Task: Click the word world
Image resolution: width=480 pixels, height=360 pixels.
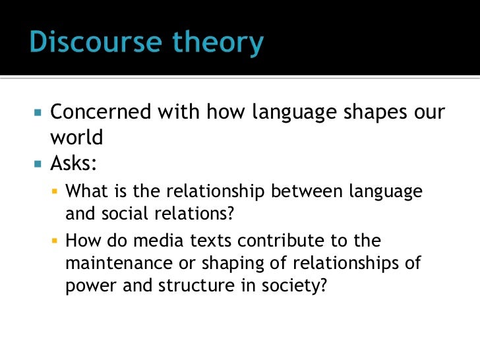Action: (77, 138)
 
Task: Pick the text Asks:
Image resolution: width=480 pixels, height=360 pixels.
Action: (73, 163)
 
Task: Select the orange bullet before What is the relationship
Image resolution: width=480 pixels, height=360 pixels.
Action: (55, 192)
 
